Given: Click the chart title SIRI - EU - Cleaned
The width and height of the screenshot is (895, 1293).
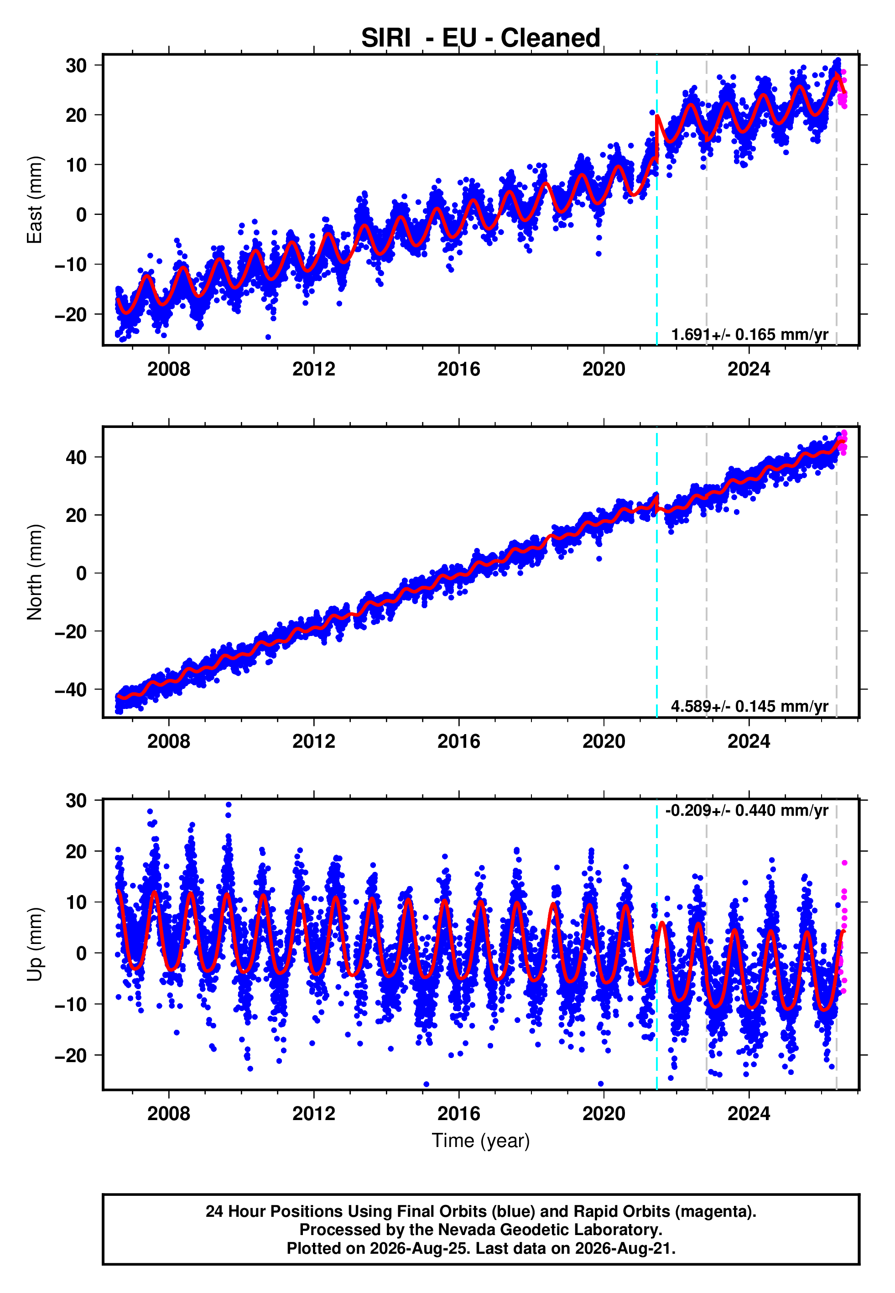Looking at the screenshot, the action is (x=481, y=38).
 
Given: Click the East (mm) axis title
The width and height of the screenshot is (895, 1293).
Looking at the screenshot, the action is (x=35, y=200).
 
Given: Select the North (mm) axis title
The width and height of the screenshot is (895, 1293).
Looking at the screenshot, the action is (x=35, y=572).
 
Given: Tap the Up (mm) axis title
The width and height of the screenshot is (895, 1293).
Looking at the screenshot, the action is (x=35, y=944).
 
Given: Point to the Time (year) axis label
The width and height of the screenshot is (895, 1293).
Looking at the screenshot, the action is (x=481, y=1141).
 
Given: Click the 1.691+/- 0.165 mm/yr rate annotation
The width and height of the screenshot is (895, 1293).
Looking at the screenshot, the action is (x=750, y=335).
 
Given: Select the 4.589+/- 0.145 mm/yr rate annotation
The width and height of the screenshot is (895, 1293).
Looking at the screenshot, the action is (x=750, y=706).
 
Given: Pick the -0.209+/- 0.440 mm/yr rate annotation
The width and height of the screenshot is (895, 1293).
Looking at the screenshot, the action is (x=747, y=811).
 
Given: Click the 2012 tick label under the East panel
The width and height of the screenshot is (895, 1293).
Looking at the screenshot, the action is (x=313, y=369).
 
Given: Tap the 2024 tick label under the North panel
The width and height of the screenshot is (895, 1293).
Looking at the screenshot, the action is (x=749, y=741).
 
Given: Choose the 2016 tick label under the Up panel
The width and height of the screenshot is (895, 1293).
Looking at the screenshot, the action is (x=459, y=1114).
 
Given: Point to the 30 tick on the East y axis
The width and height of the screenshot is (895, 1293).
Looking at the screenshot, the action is (x=76, y=65).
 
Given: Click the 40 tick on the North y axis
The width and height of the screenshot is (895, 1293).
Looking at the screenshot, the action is (x=76, y=457).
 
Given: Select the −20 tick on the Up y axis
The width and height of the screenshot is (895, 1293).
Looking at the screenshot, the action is (x=71, y=1055).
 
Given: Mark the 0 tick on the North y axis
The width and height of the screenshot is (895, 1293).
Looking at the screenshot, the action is (x=82, y=573).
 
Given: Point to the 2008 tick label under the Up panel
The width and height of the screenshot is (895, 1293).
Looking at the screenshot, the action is (x=169, y=1114).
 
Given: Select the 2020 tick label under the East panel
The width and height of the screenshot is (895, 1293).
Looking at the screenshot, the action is (x=604, y=369).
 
